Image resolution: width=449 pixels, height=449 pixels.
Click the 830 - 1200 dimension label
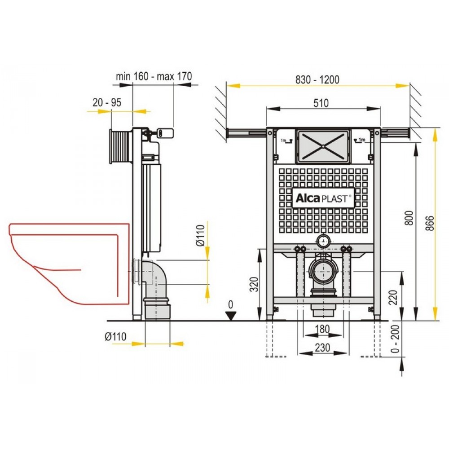click(317, 79)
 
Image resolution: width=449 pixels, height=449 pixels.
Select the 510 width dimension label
click(321, 103)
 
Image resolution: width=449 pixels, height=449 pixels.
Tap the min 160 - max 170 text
click(154, 76)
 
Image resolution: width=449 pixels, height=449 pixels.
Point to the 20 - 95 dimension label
click(107, 102)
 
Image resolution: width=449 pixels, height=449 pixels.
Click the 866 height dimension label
click(430, 224)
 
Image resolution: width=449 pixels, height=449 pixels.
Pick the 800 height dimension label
click(410, 218)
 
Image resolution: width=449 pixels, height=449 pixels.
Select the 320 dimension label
click(254, 284)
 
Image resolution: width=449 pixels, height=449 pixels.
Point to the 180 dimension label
click(322, 329)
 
